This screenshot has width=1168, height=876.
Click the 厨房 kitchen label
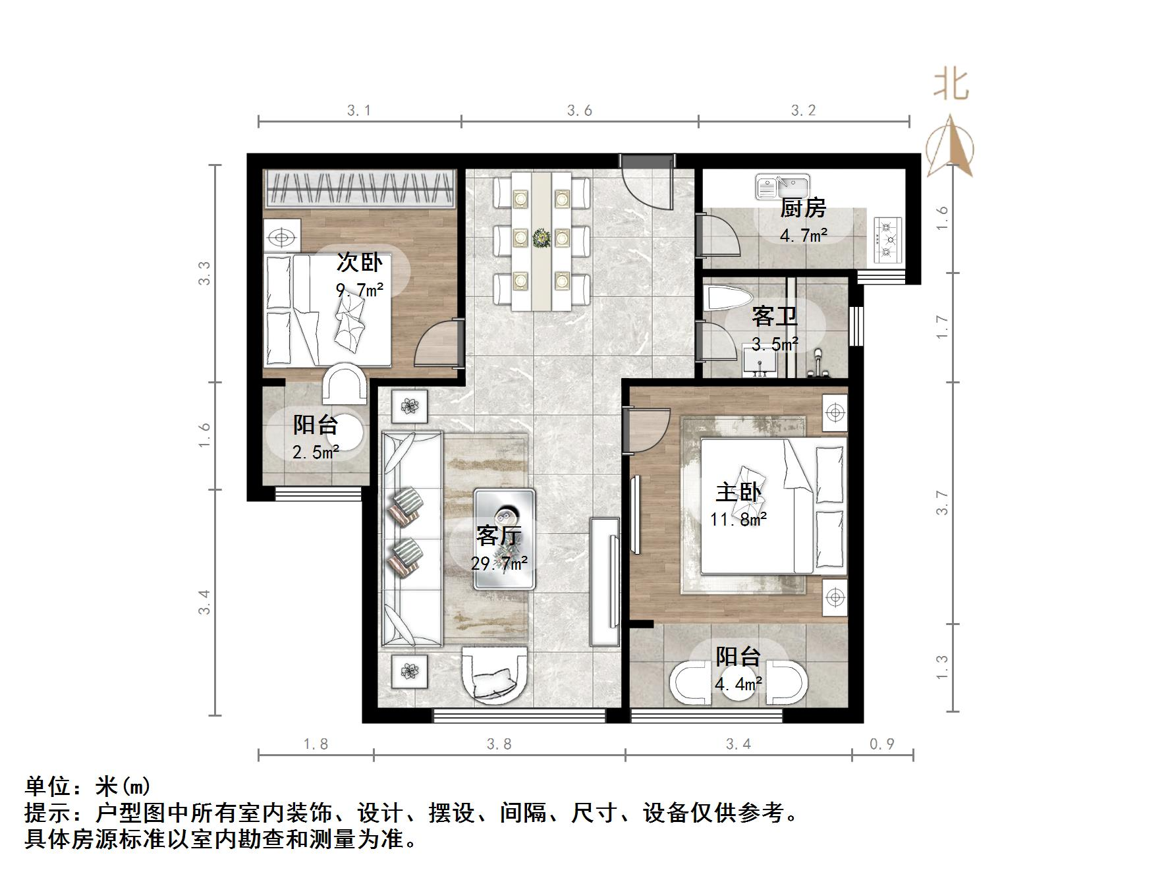(802, 208)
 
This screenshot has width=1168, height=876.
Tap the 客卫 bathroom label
(775, 316)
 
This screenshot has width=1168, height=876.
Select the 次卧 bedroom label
(359, 262)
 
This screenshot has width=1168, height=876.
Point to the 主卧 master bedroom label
(738, 492)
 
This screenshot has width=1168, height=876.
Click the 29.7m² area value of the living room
(499, 563)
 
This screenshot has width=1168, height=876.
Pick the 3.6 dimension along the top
(580, 111)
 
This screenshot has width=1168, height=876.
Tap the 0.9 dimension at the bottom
(882, 744)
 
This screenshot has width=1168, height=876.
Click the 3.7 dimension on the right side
(943, 503)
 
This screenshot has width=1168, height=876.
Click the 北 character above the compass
(951, 85)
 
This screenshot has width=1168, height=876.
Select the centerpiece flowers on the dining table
(542, 238)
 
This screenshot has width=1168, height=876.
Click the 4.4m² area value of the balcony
(738, 684)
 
